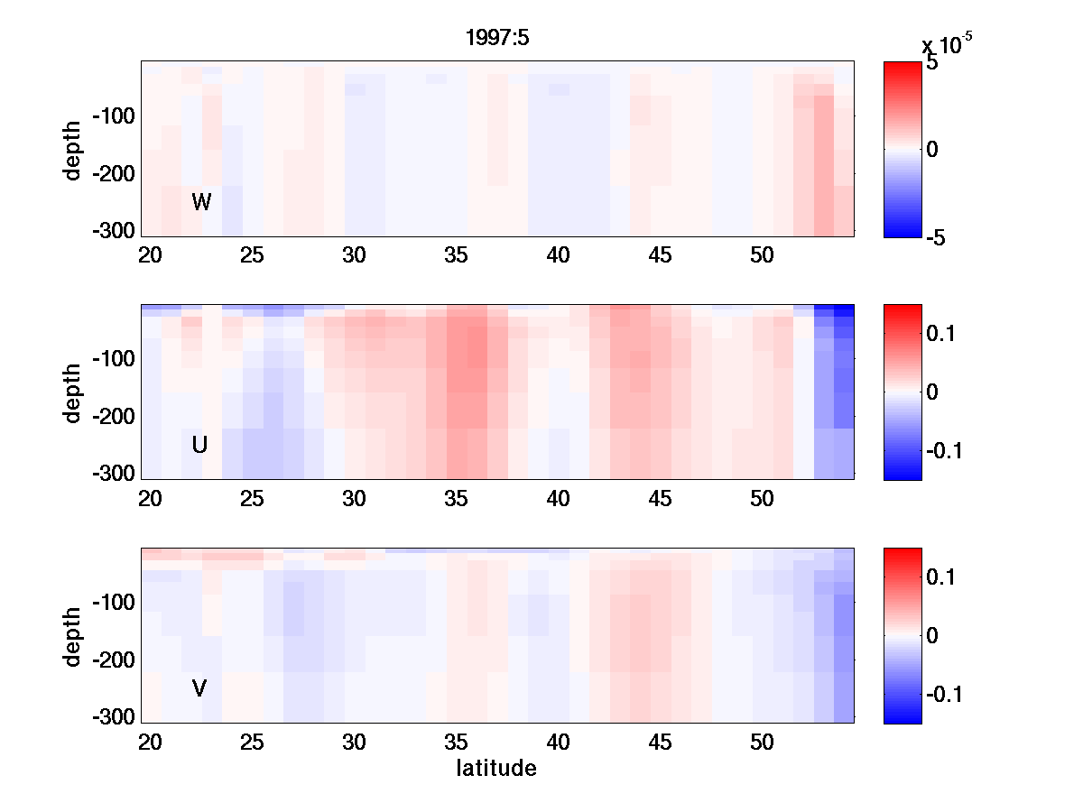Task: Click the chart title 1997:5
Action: pyautogui.click(x=496, y=39)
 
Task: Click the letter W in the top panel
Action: pyautogui.click(x=201, y=202)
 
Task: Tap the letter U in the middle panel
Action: pyautogui.click(x=200, y=445)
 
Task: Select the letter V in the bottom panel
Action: pyautogui.click(x=200, y=688)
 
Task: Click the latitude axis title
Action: pyautogui.click(x=496, y=769)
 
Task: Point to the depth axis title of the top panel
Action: pyautogui.click(x=73, y=149)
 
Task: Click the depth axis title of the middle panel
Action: pyautogui.click(x=73, y=392)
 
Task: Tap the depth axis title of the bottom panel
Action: pyautogui.click(x=73, y=636)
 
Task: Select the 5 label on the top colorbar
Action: pyautogui.click(x=932, y=64)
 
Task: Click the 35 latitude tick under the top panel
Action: pyautogui.click(x=457, y=255)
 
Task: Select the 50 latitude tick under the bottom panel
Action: pyautogui.click(x=763, y=743)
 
